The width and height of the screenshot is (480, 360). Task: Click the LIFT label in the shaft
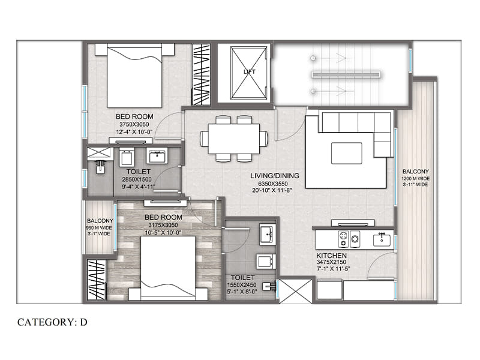(249, 72)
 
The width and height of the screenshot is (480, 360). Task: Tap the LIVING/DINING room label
(275, 176)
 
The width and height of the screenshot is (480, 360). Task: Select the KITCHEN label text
(332, 256)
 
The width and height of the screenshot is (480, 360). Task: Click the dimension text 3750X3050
(134, 125)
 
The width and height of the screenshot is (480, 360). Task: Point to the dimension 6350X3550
(273, 184)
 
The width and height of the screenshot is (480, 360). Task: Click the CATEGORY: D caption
(52, 322)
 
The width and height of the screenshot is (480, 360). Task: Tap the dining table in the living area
(234, 139)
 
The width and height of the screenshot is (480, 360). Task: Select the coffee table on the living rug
(347, 153)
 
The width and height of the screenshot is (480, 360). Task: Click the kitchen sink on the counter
(382, 239)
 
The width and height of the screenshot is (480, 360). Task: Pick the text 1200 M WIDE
(416, 178)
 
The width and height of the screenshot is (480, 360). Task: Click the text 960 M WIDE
(99, 228)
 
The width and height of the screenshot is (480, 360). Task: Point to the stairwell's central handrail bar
(346, 74)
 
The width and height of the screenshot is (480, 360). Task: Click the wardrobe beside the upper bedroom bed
(201, 74)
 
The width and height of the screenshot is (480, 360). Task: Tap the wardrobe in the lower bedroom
(97, 280)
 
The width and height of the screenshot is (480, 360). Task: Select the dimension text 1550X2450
(242, 285)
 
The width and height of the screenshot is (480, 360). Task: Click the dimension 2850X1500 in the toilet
(137, 179)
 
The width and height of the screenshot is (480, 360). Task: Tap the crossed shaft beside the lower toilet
(295, 291)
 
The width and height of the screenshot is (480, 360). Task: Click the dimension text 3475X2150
(331, 262)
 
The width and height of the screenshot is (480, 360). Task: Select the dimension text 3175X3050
(163, 226)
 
